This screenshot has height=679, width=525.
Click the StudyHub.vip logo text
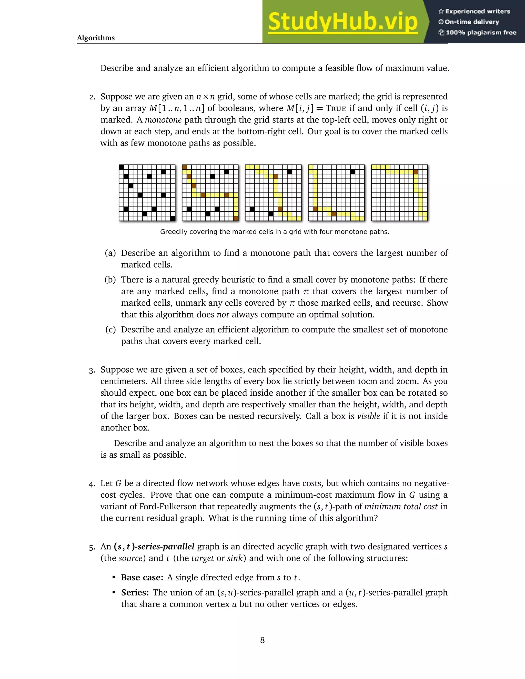pyautogui.click(x=342, y=22)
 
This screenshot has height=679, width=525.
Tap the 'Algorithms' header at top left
pyautogui.click(x=96, y=38)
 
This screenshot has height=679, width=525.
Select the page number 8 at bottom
pyautogui.click(x=262, y=640)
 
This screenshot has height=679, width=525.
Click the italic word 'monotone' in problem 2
pyautogui.click(x=163, y=120)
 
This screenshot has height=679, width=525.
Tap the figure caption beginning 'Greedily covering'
pyautogui.click(x=275, y=232)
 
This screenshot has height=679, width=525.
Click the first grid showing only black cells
pyautogui.click(x=147, y=193)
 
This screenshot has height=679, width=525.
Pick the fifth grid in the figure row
pyautogui.click(x=399, y=193)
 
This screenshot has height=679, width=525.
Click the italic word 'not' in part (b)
pyautogui.click(x=223, y=315)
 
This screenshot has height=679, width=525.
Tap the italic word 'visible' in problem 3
pyautogui.click(x=368, y=416)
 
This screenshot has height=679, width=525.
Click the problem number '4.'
pyautogui.click(x=92, y=484)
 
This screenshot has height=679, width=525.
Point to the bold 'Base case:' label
pyautogui.click(x=142, y=578)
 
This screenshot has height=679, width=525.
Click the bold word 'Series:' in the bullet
pyautogui.click(x=135, y=593)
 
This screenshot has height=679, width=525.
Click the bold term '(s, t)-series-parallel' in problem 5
pyautogui.click(x=154, y=547)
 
